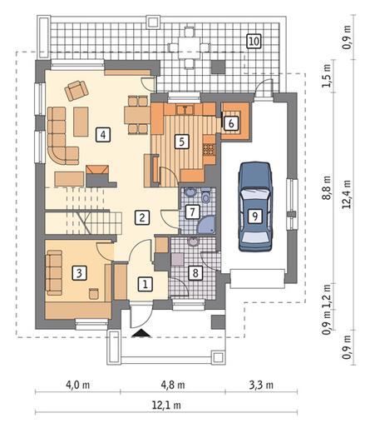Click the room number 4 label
point(103,135)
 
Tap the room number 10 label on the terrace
point(254,42)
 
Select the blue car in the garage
point(255,207)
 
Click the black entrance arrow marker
point(141,333)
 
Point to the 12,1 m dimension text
point(166,406)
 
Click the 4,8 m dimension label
point(173,385)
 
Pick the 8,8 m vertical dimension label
point(328,187)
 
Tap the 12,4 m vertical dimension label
point(347,194)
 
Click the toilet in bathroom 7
point(206,196)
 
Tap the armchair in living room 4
point(76,90)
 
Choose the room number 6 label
point(231,123)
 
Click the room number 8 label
point(195,272)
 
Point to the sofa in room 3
point(54,272)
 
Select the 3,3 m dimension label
point(261,385)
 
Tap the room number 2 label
point(142,217)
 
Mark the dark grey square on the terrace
point(219,67)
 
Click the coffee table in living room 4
point(81,122)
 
